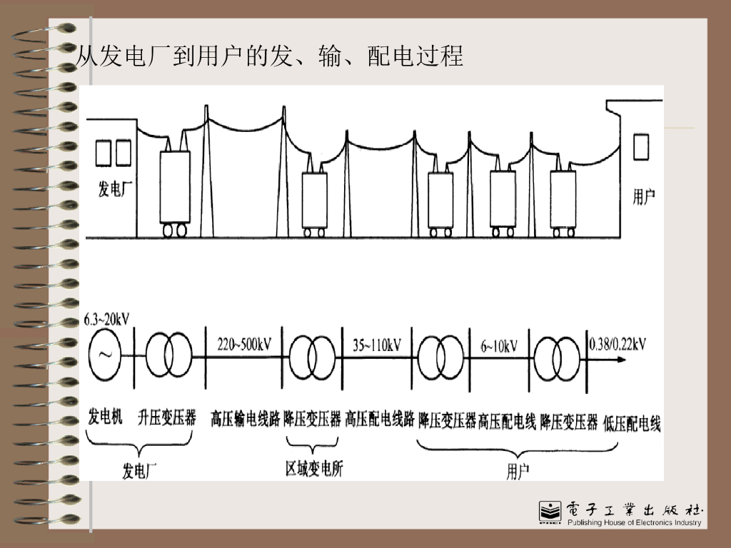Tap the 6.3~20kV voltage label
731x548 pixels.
pyautogui.click(x=106, y=319)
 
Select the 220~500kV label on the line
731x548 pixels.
pyautogui.click(x=243, y=345)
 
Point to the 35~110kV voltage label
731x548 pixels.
pyautogui.click(x=376, y=345)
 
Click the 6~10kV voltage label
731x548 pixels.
pyautogui.click(x=499, y=346)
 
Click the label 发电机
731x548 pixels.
pyautogui.click(x=105, y=417)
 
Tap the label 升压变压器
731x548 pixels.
pyautogui.click(x=167, y=417)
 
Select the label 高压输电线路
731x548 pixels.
pyautogui.click(x=245, y=419)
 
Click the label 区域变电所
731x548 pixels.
pyautogui.click(x=314, y=469)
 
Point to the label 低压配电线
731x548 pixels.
pyautogui.click(x=632, y=424)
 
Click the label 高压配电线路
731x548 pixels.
pyautogui.click(x=380, y=419)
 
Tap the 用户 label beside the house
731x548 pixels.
pyautogui.click(x=644, y=197)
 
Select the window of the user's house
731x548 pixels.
pyautogui.click(x=641, y=146)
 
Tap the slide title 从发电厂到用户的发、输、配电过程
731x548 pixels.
pyautogui.click(x=270, y=56)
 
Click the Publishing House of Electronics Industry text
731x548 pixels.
pyautogui.click(x=634, y=523)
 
